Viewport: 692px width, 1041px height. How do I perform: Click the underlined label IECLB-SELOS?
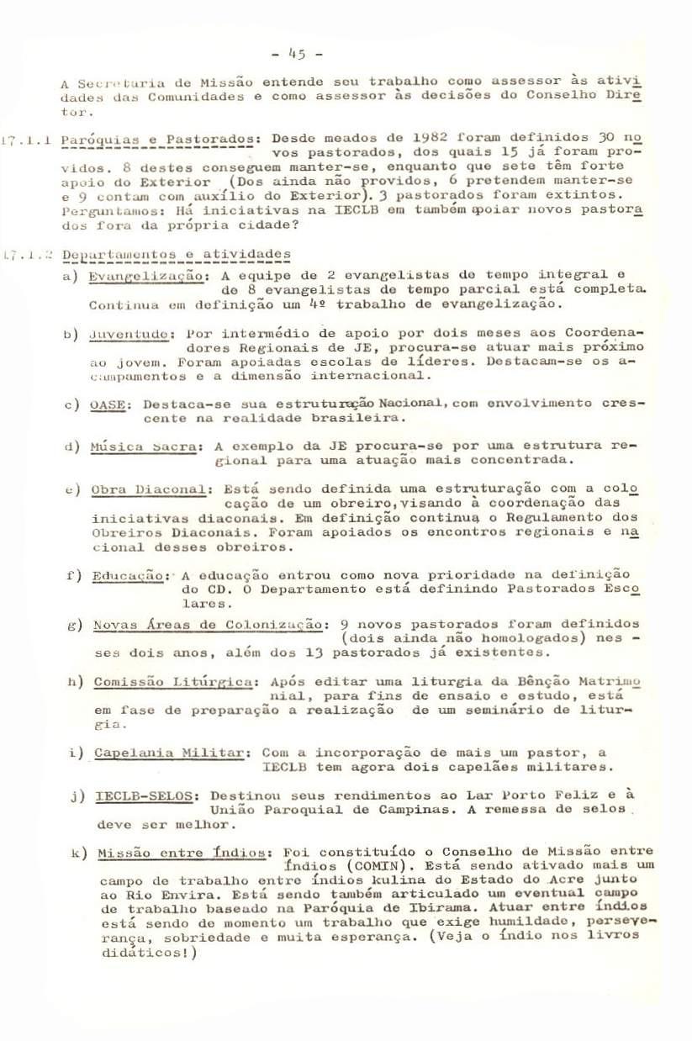coord(145,795)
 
